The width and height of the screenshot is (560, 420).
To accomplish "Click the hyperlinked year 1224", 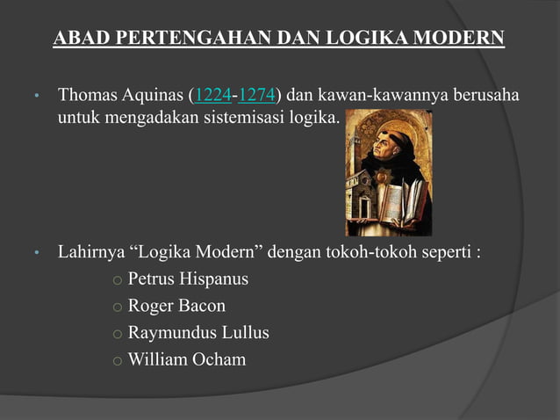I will (x=210, y=94).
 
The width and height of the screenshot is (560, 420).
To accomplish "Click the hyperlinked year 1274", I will (x=257, y=94).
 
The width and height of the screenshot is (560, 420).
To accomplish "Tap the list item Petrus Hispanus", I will (x=188, y=279).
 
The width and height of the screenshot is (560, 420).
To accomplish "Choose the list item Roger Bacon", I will (x=176, y=306).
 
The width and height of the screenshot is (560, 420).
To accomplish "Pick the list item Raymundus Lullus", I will (x=198, y=333).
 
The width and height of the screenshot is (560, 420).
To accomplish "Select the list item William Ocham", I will (x=187, y=359).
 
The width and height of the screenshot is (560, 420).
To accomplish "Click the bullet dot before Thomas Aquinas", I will (x=37, y=96).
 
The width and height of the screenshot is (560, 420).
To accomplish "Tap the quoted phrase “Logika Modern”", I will (x=197, y=253).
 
